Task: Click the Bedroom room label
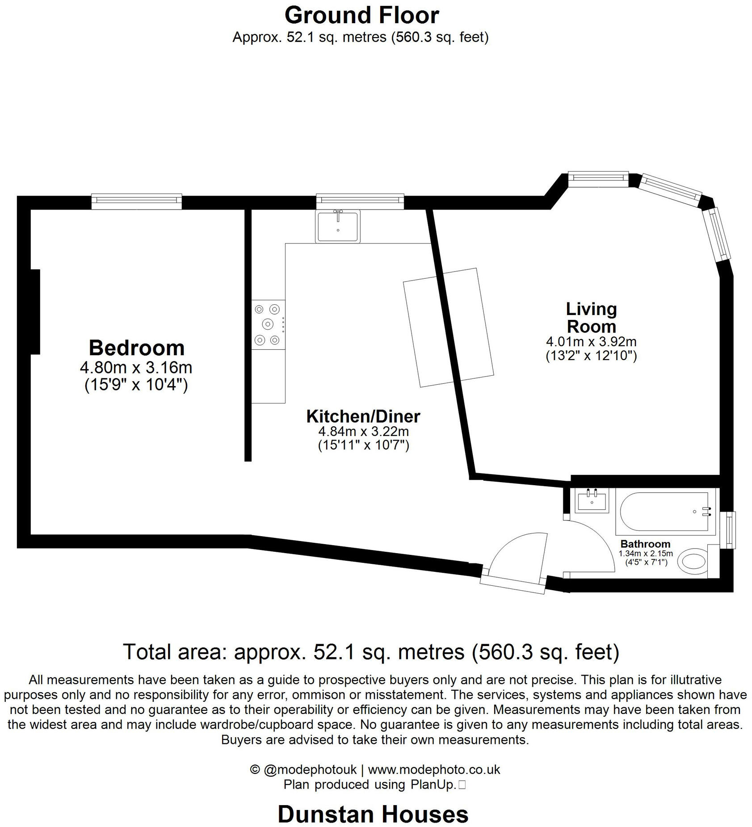(x=136, y=348)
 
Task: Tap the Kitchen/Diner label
(x=363, y=416)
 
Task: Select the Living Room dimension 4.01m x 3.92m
(x=591, y=342)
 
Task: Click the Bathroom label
(x=645, y=544)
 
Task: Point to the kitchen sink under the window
(x=338, y=227)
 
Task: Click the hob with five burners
(x=268, y=324)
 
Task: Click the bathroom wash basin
(x=592, y=500)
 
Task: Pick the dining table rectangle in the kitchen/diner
(x=448, y=327)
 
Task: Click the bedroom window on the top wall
(x=136, y=202)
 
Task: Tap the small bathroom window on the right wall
(x=730, y=529)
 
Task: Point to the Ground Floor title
(x=361, y=15)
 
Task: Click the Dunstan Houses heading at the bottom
(x=373, y=814)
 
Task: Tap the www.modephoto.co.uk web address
(x=433, y=769)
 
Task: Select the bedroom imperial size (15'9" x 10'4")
(x=136, y=385)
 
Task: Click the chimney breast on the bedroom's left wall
(x=35, y=311)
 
